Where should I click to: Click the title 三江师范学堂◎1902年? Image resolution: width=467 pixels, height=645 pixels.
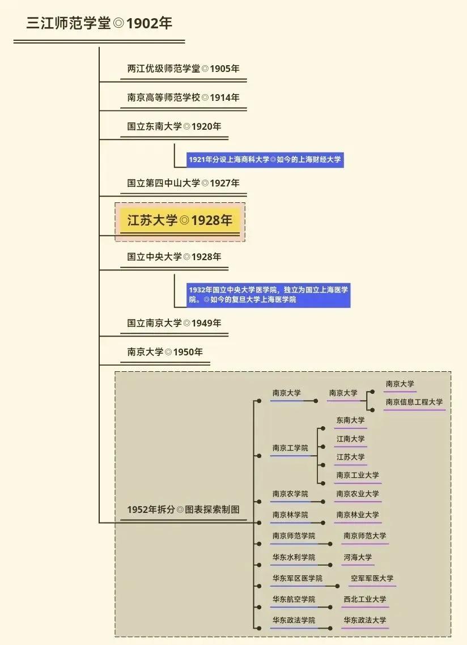[99, 24]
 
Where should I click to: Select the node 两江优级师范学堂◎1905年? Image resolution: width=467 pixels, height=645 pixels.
[183, 69]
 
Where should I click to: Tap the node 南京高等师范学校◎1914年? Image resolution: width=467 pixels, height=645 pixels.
[183, 97]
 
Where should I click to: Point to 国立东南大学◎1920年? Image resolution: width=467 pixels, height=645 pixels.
[174, 126]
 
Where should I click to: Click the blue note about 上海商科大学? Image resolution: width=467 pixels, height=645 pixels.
[265, 160]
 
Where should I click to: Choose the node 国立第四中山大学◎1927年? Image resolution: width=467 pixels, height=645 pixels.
[183, 183]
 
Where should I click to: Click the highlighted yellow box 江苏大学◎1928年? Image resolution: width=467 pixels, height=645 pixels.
[180, 220]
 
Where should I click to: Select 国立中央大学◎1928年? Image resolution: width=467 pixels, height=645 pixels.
[174, 257]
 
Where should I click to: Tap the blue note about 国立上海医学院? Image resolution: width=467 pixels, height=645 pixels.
[269, 294]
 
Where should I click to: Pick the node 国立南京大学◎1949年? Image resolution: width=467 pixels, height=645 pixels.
[174, 323]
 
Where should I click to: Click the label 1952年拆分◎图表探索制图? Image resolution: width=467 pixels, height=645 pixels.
[183, 510]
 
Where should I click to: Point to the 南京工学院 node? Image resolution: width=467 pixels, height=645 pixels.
[290, 448]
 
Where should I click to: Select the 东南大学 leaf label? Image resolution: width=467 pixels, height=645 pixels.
[350, 421]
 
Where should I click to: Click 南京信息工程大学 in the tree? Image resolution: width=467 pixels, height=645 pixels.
[414, 402]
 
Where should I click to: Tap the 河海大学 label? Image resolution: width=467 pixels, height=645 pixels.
[358, 557]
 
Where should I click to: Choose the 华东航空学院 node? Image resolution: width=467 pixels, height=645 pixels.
[294, 599]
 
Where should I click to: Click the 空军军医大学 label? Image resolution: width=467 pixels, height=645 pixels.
[372, 578]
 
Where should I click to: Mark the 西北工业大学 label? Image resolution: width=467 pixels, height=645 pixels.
[364, 599]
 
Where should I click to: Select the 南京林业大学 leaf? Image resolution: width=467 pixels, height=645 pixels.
[357, 515]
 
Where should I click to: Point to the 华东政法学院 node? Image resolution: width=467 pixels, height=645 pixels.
[294, 620]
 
